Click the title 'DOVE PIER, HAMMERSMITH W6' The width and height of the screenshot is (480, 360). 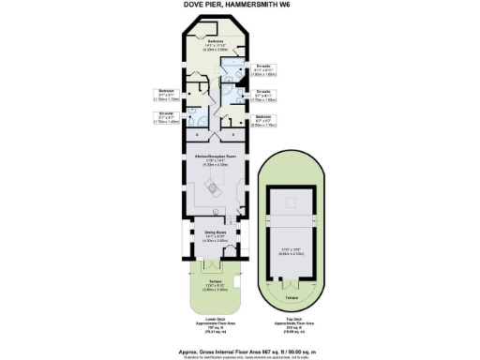(240, 6)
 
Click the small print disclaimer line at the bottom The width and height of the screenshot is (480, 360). (240, 349)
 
